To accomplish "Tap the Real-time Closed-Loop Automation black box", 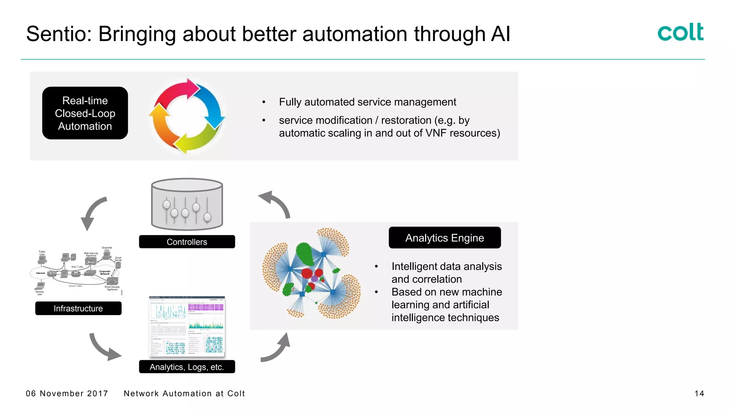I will [85, 113].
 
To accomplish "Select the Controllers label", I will [187, 242].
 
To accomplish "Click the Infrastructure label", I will [78, 308].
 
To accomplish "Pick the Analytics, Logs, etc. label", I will [187, 367].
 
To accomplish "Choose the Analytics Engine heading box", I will [444, 238].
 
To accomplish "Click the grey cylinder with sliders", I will [187, 205].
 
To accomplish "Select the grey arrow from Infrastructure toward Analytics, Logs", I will [104, 348].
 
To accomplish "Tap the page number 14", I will [699, 394].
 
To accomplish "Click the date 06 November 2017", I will [67, 394].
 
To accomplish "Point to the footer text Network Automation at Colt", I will [184, 394].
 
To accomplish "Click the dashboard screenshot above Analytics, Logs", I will [187, 326].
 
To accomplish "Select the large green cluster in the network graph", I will [304, 253].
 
